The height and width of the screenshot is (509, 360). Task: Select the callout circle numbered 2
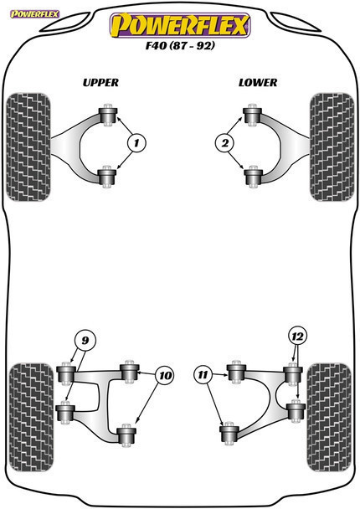tap(224, 144)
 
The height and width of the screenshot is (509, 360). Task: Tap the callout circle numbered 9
tap(83, 340)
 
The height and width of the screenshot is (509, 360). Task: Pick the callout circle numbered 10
tap(164, 376)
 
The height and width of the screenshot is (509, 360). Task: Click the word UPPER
tap(101, 83)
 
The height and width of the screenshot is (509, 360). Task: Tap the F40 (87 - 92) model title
tap(179, 49)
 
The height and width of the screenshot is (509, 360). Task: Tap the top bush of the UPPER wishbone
tap(106, 115)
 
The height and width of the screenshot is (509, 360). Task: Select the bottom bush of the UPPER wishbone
tap(106, 176)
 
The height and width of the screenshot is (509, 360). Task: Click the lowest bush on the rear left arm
tap(126, 434)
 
